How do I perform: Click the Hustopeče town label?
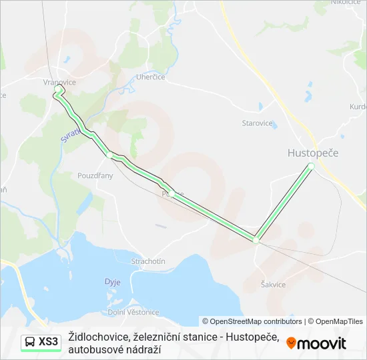[313, 153]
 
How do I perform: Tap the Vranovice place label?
[59, 82]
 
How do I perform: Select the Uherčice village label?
[151, 77]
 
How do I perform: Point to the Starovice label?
[257, 123]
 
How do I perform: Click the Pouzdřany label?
[95, 176]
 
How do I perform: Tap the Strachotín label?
[148, 261]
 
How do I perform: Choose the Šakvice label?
[274, 285]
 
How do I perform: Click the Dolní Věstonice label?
[133, 312]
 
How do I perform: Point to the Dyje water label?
[112, 282]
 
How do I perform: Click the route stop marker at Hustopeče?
[311, 165]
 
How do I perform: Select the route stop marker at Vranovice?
[58, 89]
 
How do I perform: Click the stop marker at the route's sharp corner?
[256, 239]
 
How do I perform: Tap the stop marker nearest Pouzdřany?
[109, 155]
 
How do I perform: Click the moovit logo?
[316, 343]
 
